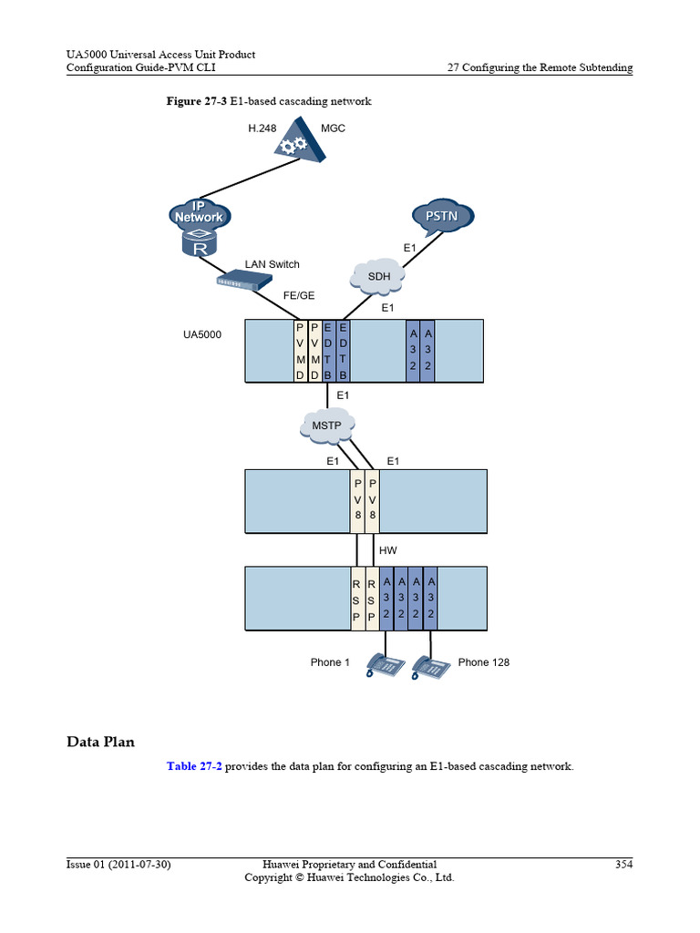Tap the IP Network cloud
click(199, 214)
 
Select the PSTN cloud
click(442, 216)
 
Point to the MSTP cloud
click(325, 425)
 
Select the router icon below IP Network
click(199, 243)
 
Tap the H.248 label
click(262, 128)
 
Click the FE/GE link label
click(299, 296)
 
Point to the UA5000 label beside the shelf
click(202, 335)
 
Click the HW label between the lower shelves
click(387, 550)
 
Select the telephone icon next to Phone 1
click(384, 666)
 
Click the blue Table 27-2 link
click(194, 766)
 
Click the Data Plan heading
click(100, 742)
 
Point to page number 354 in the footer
click(623, 864)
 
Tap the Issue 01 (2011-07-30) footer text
click(118, 864)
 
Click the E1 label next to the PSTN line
click(410, 248)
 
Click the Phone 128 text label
click(483, 662)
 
